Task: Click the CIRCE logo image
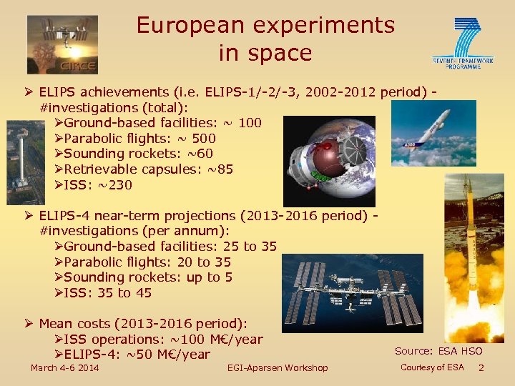tap(62, 44)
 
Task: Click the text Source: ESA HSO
tap(438, 351)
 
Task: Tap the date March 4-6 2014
tap(64, 367)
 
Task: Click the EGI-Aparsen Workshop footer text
tap(277, 367)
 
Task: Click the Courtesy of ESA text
tap(432, 367)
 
